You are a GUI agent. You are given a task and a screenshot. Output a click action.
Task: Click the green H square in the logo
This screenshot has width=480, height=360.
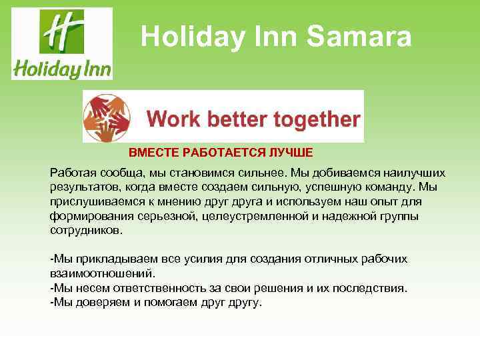coord(62,31)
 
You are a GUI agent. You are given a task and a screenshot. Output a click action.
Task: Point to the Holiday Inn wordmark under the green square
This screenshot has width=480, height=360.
coord(62,68)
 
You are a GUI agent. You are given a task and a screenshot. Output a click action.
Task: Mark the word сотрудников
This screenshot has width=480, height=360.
coord(86,229)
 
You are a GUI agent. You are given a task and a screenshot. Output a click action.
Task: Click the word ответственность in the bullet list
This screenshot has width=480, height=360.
coord(163,287)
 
